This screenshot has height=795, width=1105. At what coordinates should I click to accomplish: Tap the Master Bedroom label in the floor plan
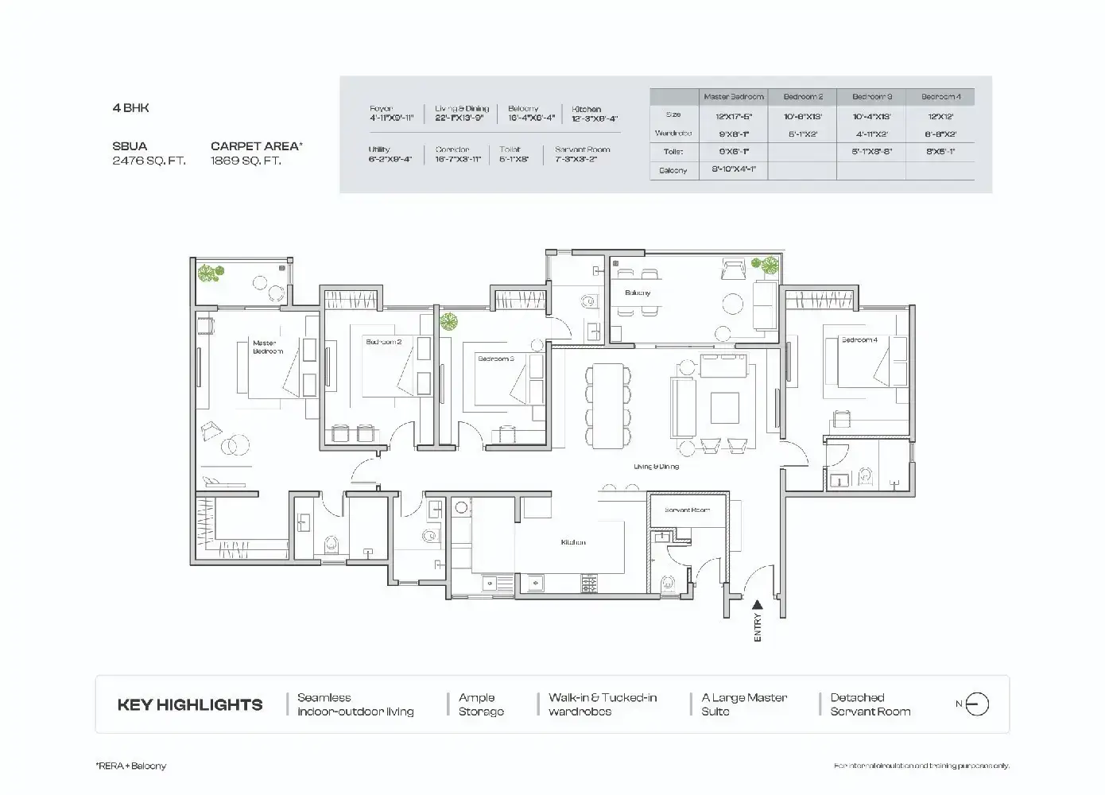click(x=267, y=347)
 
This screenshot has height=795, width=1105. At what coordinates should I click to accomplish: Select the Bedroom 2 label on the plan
click(x=383, y=342)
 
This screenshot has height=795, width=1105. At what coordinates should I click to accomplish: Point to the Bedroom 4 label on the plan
click(x=859, y=340)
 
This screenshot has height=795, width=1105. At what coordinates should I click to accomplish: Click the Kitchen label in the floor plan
click(x=572, y=542)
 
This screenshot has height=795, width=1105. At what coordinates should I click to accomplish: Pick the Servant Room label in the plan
click(x=687, y=510)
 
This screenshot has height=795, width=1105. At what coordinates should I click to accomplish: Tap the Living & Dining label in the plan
click(x=656, y=467)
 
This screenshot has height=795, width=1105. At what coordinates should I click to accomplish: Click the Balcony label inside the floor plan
click(x=637, y=293)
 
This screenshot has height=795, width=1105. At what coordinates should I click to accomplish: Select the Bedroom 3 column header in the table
click(x=871, y=97)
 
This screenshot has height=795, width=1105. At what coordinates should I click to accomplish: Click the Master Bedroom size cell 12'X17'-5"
click(x=733, y=116)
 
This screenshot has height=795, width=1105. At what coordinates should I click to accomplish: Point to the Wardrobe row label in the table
click(x=673, y=134)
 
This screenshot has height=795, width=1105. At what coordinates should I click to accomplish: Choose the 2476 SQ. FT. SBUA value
click(x=149, y=161)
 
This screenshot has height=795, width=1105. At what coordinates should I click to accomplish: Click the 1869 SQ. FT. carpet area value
click(x=246, y=161)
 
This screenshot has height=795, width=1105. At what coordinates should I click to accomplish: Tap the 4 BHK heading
click(x=130, y=108)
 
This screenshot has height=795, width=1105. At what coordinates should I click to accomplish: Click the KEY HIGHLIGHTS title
click(x=189, y=704)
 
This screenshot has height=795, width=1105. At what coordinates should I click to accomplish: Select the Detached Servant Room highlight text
click(x=870, y=704)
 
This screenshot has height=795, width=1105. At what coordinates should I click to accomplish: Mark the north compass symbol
click(x=977, y=704)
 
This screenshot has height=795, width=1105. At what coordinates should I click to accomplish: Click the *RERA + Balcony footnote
click(x=131, y=766)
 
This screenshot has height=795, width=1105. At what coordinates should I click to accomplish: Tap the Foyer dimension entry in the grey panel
click(x=391, y=114)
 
